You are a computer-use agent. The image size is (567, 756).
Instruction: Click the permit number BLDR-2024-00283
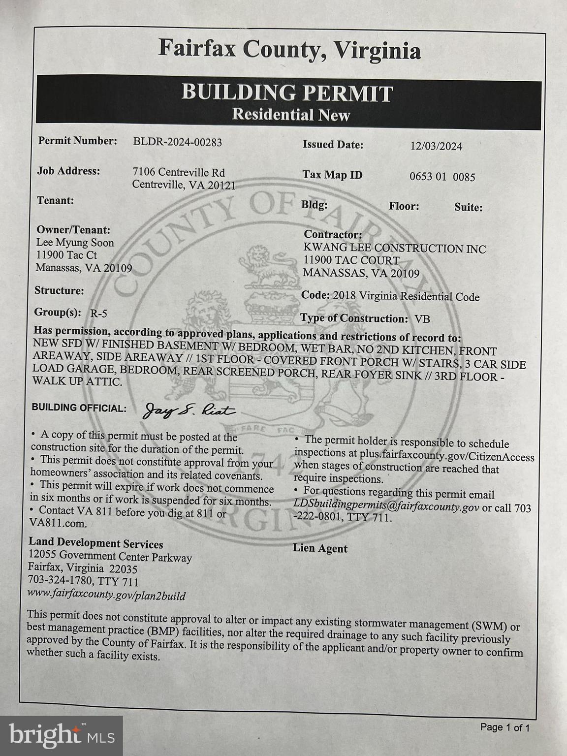(x=177, y=142)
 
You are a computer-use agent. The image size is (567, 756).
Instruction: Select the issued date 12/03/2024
(x=436, y=146)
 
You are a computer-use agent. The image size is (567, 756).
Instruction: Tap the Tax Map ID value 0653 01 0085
(x=442, y=177)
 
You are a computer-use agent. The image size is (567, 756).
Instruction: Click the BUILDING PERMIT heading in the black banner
(x=287, y=93)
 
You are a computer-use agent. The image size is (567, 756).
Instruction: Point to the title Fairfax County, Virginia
(x=289, y=50)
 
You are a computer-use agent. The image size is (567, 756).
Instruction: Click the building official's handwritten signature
(x=189, y=410)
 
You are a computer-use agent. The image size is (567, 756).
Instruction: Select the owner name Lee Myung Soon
(x=75, y=243)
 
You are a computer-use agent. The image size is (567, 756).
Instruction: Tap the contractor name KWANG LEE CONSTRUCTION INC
(x=394, y=249)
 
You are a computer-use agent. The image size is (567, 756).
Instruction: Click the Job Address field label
(x=68, y=171)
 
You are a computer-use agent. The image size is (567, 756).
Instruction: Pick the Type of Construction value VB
(x=422, y=319)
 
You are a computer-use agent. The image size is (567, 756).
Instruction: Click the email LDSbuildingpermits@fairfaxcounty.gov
(x=386, y=506)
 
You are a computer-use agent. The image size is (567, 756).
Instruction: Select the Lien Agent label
(x=320, y=548)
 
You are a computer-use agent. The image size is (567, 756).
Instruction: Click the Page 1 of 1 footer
(x=504, y=727)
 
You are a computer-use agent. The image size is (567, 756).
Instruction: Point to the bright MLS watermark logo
(x=61, y=735)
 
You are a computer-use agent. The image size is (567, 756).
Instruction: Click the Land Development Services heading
(x=95, y=543)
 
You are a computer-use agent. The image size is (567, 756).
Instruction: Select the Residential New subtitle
(x=291, y=115)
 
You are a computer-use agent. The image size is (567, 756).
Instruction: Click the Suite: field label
(x=468, y=207)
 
